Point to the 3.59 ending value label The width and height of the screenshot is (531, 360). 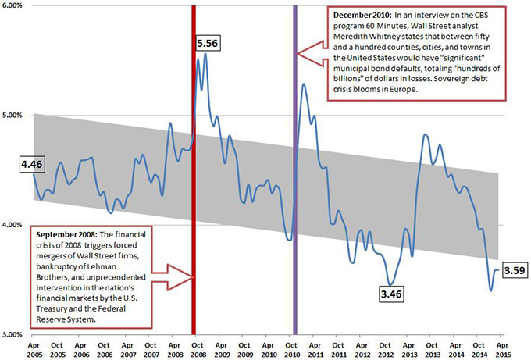pos(513,271)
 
